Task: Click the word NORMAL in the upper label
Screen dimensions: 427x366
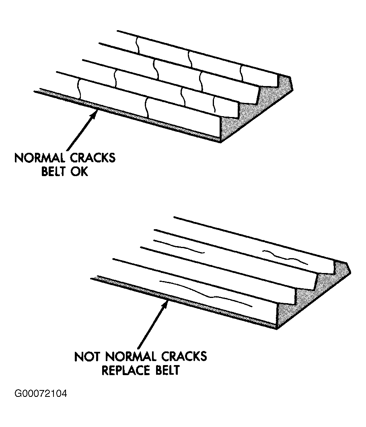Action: [39, 157]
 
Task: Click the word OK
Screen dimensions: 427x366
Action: [80, 172]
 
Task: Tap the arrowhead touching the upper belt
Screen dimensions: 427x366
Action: [94, 114]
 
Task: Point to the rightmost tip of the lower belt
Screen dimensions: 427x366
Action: [352, 270]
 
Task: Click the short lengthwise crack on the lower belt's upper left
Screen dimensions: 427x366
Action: [179, 247]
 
